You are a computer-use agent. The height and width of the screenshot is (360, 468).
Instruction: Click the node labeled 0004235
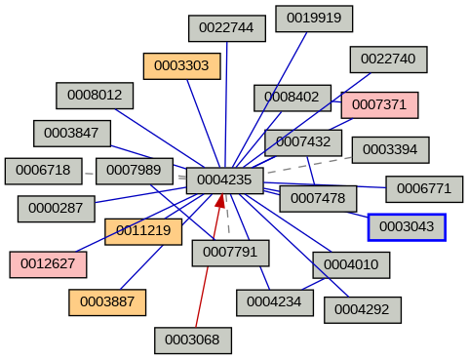click(x=224, y=180)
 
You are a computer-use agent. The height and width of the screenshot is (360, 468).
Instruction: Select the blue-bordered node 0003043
click(x=407, y=226)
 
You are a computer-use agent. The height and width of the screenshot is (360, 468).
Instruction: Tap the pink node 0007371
click(x=379, y=104)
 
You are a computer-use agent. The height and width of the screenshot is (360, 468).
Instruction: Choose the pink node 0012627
click(x=48, y=263)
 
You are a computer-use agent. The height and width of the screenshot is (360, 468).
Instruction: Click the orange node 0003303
click(x=181, y=66)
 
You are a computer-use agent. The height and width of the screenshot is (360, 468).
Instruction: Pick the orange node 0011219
click(x=143, y=231)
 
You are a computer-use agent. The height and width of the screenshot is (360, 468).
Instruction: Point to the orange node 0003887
click(x=106, y=302)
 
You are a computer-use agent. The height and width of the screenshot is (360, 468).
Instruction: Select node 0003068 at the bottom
click(x=192, y=340)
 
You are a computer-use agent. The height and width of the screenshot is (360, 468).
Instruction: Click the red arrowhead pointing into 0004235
click(x=221, y=200)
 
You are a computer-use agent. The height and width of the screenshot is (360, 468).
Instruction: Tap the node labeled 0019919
click(x=313, y=19)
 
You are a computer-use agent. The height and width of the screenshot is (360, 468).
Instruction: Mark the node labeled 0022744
click(x=226, y=28)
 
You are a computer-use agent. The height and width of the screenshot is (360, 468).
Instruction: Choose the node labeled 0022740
click(x=388, y=59)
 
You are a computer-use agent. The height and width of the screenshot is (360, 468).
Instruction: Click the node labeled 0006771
click(x=424, y=188)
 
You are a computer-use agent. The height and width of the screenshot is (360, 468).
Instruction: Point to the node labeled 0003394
click(x=390, y=149)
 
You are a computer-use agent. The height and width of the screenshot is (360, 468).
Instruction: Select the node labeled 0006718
click(x=42, y=171)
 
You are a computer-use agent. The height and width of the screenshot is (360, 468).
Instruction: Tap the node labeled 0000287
click(x=56, y=208)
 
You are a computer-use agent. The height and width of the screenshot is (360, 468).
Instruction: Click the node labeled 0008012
click(x=95, y=95)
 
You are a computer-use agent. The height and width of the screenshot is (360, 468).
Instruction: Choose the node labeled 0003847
click(x=71, y=133)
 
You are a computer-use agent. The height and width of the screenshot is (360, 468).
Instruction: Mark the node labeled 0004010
click(x=351, y=264)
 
